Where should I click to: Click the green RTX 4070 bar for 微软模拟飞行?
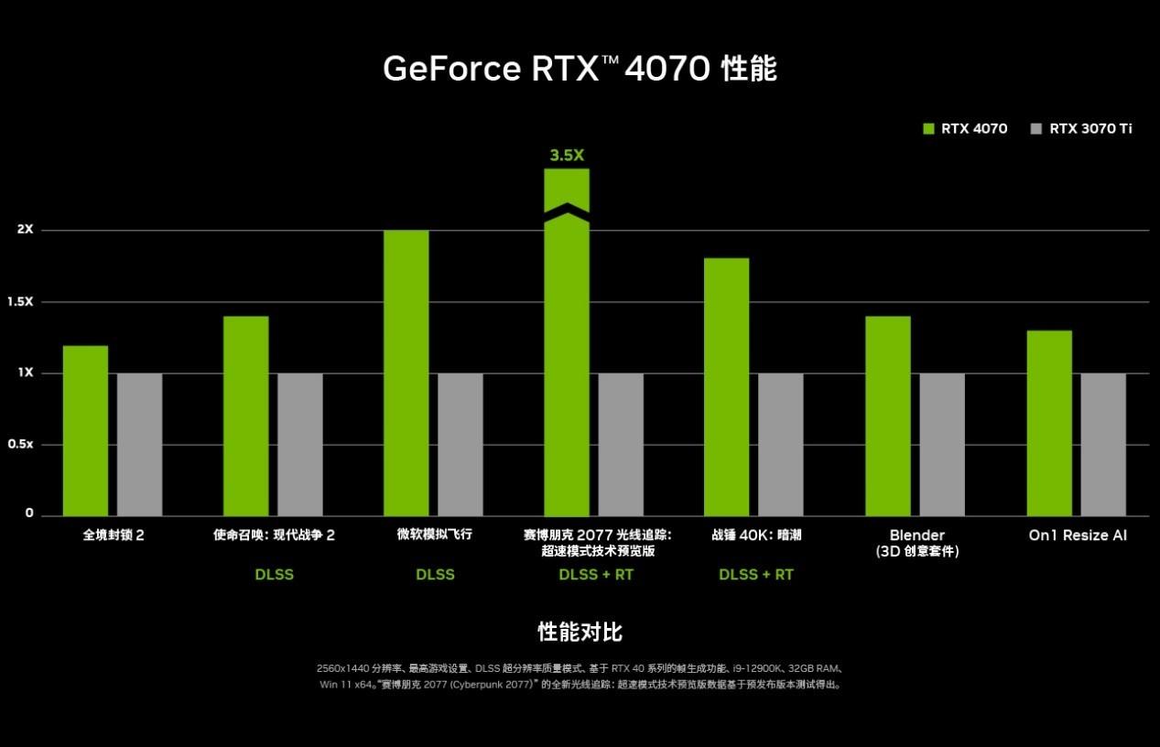click(x=406, y=373)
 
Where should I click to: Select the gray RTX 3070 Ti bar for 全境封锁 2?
click(x=139, y=444)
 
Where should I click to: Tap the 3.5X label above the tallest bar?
click(x=567, y=156)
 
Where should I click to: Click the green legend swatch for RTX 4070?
click(x=928, y=129)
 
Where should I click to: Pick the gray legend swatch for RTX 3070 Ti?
click(x=1036, y=129)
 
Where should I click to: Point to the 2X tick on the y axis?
click(x=25, y=230)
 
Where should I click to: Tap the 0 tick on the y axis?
click(x=29, y=514)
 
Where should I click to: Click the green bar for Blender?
click(x=888, y=416)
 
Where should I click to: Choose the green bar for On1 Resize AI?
click(x=1049, y=423)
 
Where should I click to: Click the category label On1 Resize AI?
click(x=1078, y=536)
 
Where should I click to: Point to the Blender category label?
click(x=916, y=536)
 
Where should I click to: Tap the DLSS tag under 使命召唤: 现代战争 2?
click(x=275, y=575)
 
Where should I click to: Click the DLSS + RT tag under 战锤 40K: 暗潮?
click(x=756, y=575)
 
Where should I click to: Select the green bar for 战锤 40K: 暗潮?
click(x=727, y=386)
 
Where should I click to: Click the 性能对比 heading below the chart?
click(x=580, y=633)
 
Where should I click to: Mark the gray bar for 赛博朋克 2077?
click(x=621, y=444)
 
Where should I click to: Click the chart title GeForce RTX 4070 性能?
click(x=580, y=70)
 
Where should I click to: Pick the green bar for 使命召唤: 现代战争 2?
click(x=245, y=416)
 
